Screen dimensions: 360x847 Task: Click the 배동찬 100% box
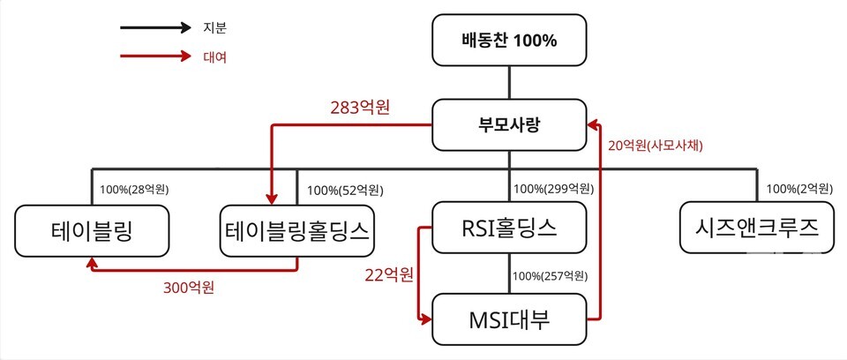pos(509,40)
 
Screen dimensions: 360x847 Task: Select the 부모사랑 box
pos(509,124)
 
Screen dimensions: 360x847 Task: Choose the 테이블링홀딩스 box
pos(297,230)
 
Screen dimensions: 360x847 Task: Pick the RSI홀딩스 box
pos(509,229)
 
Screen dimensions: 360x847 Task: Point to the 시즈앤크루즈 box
pos(757,229)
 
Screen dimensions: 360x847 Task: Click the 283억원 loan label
pos(359,108)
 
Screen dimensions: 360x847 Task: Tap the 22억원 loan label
pos(388,274)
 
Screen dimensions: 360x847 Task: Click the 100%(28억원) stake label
pos(135,189)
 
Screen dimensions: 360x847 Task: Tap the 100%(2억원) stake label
pos(798,189)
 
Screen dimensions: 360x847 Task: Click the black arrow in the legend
pos(155,27)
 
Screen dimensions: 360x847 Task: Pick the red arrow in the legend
pos(155,56)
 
